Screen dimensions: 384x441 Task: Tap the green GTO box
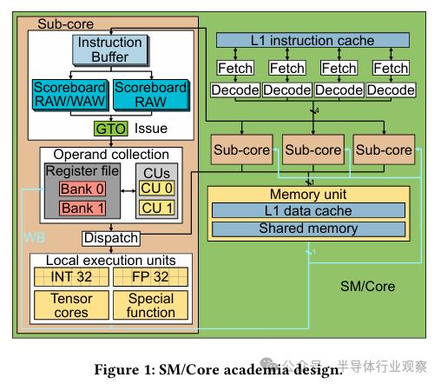[x=111, y=129]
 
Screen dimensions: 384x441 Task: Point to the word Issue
[x=152, y=129]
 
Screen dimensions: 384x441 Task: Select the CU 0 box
[x=157, y=189]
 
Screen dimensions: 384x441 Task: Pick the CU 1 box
[x=157, y=208]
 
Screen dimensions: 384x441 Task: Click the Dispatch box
[x=110, y=237]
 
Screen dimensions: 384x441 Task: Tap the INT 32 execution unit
[x=70, y=276]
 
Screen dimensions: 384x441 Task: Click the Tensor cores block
[x=70, y=304]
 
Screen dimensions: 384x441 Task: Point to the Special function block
[x=150, y=304]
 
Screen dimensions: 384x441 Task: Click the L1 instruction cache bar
[x=313, y=40]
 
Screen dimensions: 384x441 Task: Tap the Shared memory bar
[x=308, y=228]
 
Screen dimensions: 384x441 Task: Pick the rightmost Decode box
[x=391, y=89]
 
